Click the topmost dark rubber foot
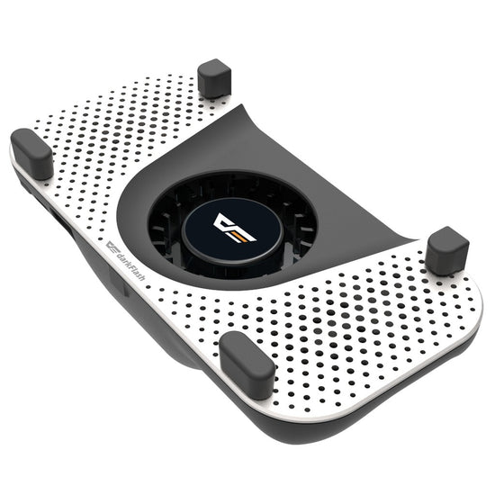coord(214,78)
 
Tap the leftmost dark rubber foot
coord(31,153)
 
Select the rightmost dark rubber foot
coord(447,251)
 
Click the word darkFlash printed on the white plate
coord(130,266)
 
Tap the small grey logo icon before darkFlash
coord(111,247)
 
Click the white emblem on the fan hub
coord(234,227)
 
